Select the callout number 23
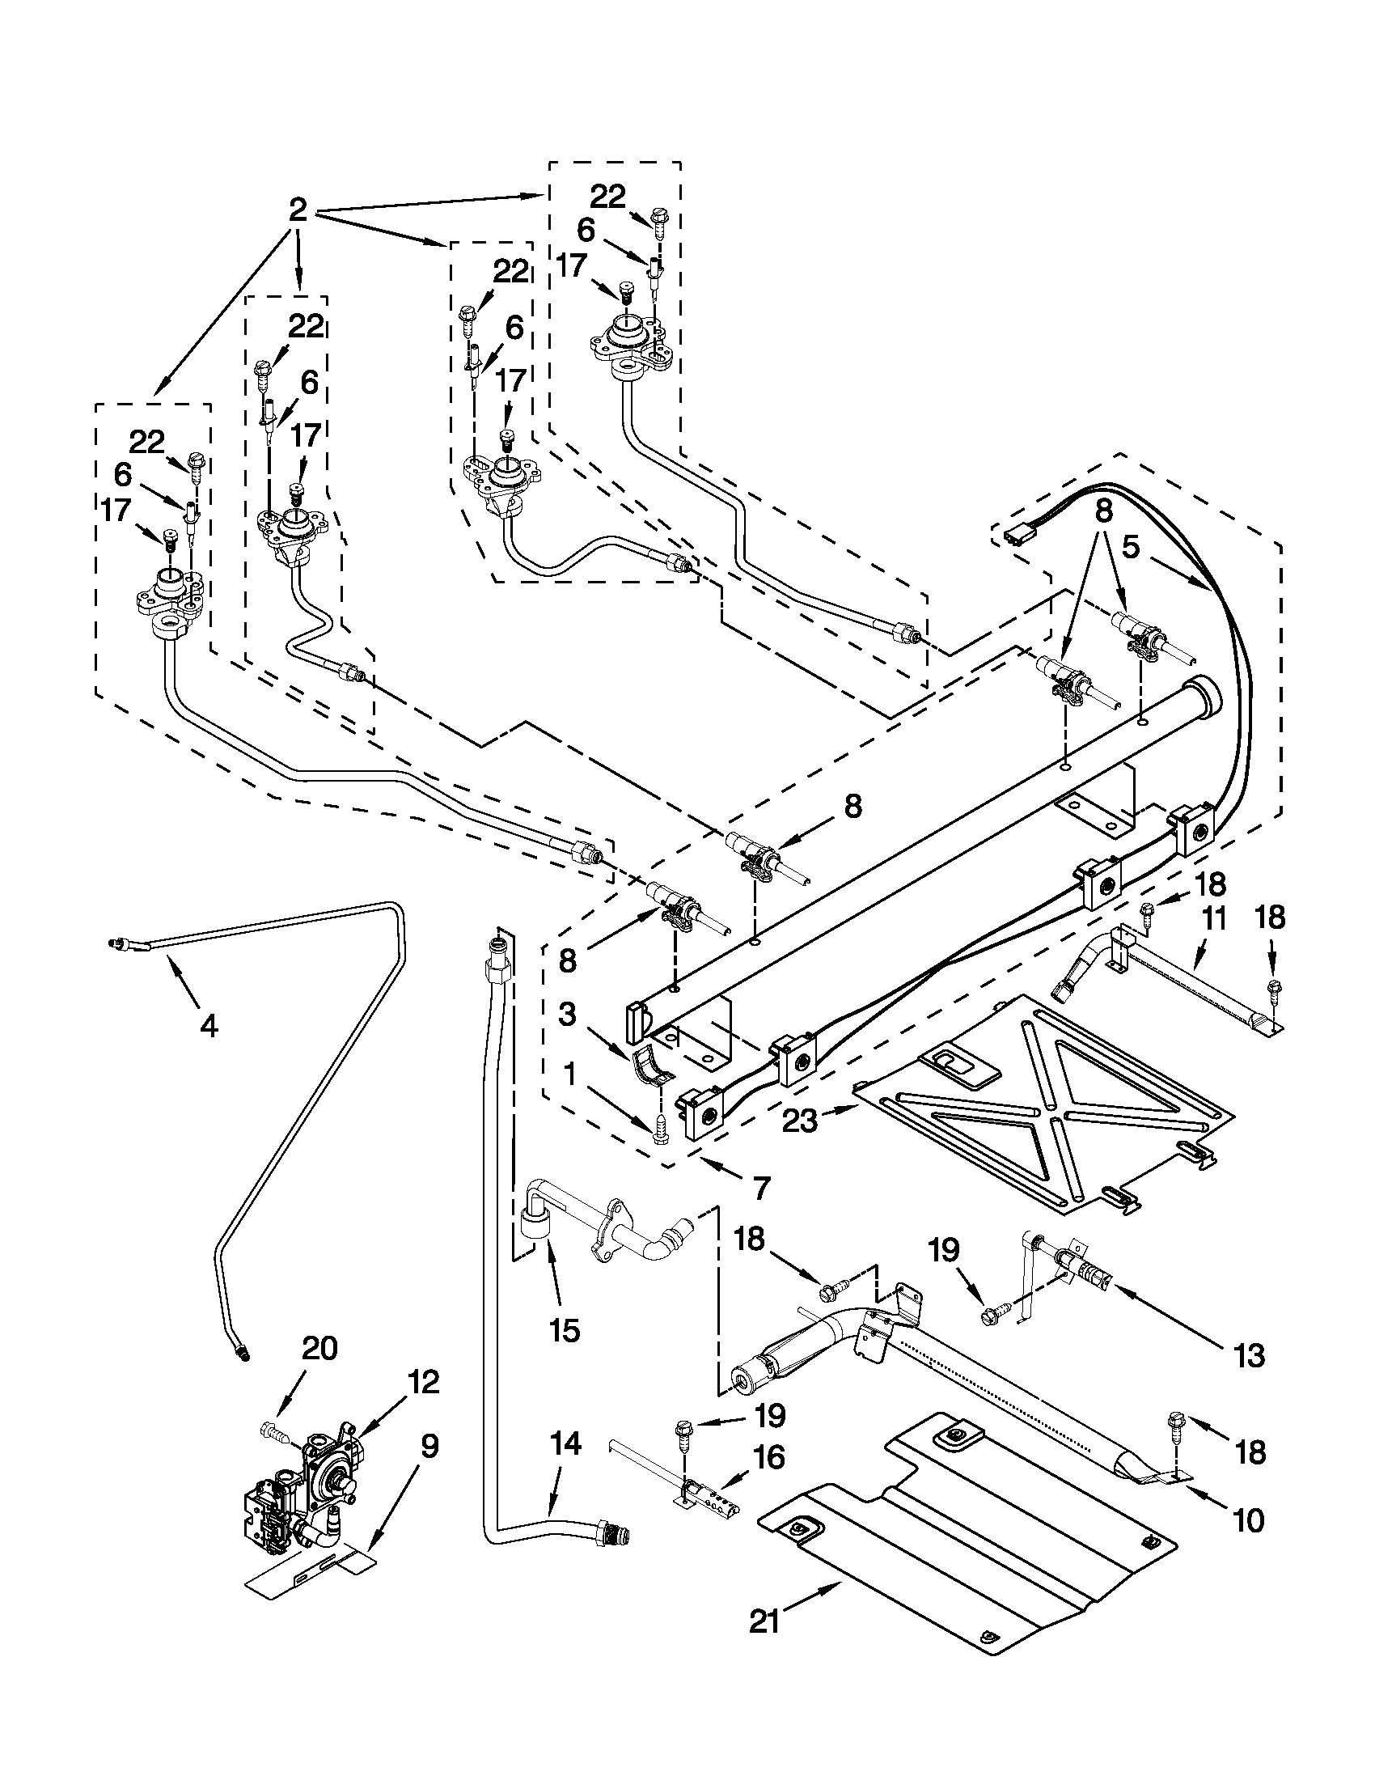pyautogui.click(x=800, y=1121)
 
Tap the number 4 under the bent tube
pyautogui.click(x=209, y=1027)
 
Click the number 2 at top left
pyautogui.click(x=298, y=210)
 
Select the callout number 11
pyautogui.click(x=1213, y=918)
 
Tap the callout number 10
pyautogui.click(x=1249, y=1519)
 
